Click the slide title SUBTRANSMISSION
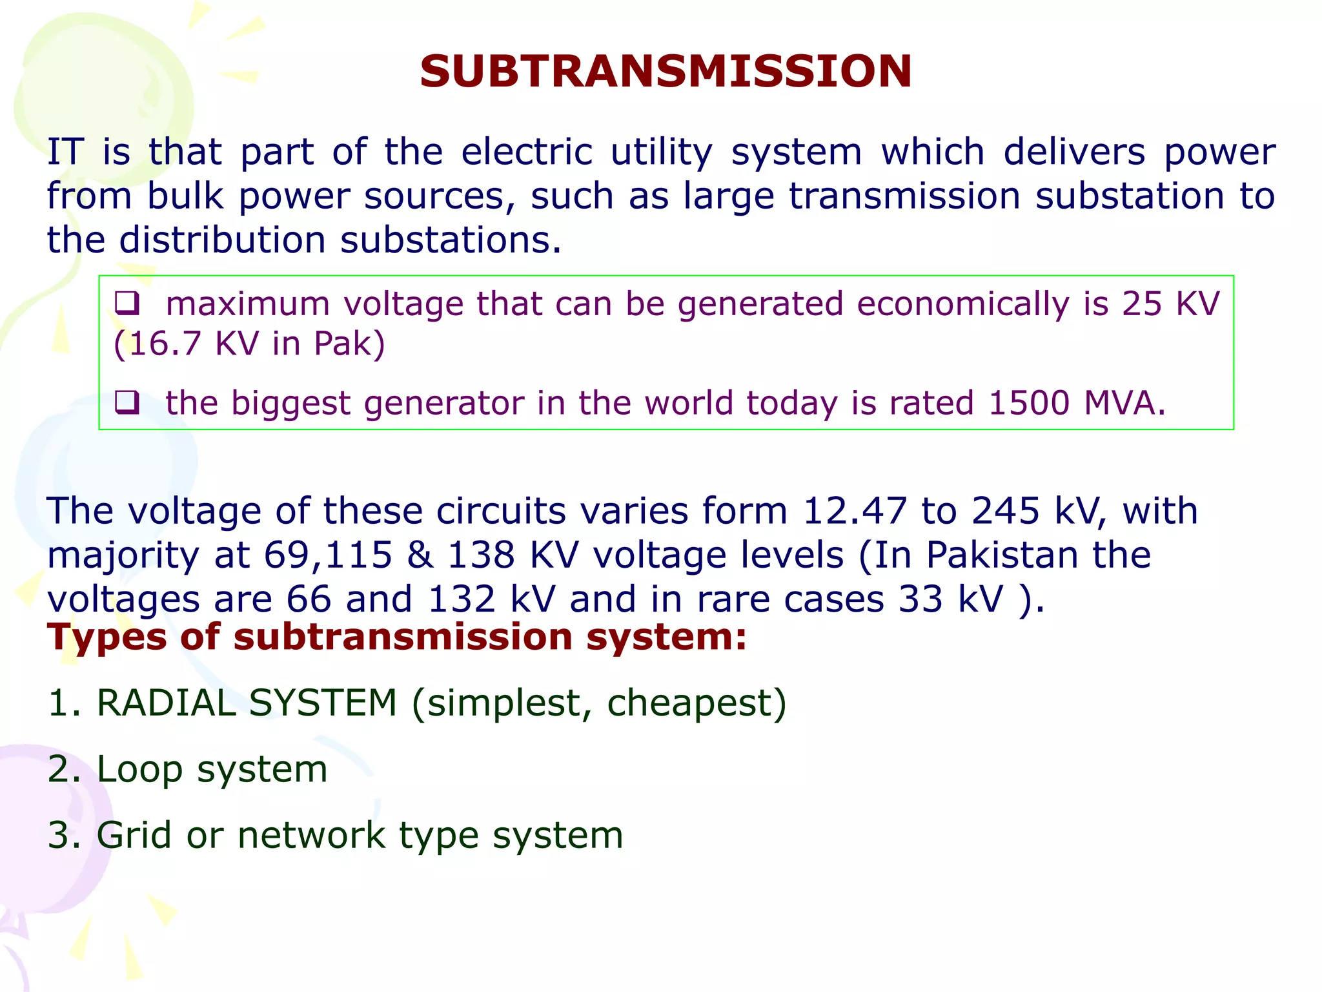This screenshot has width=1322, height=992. point(666,71)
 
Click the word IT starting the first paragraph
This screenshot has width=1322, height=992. point(66,152)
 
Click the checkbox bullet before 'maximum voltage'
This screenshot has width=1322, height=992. point(127,303)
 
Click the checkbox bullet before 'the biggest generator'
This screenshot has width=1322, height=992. point(127,402)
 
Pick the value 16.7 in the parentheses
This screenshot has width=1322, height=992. point(165,344)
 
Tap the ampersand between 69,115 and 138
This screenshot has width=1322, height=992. point(420,555)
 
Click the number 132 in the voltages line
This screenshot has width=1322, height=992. point(462,599)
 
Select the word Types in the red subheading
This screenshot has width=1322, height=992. point(107,637)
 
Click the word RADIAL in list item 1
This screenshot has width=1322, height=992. point(166,703)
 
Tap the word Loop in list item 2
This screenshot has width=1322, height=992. point(139,769)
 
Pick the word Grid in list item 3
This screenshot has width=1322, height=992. point(134,835)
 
